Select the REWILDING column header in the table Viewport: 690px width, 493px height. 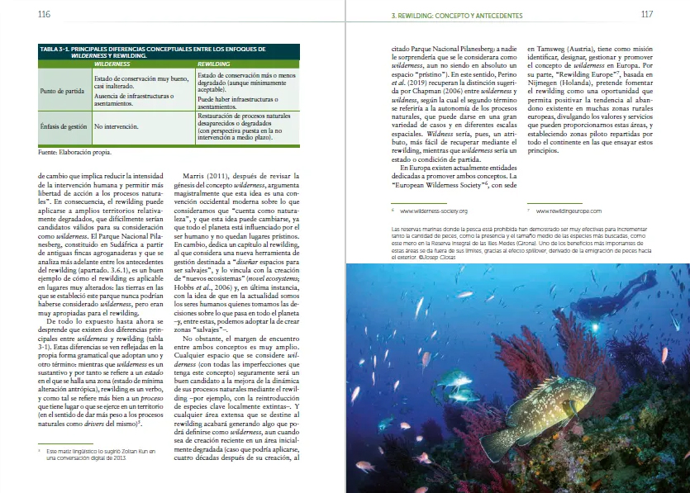(214, 63)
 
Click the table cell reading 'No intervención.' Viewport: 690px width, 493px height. (115, 127)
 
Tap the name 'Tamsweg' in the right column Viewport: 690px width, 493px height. (544, 49)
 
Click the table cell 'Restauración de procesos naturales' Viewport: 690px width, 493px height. (244, 116)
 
